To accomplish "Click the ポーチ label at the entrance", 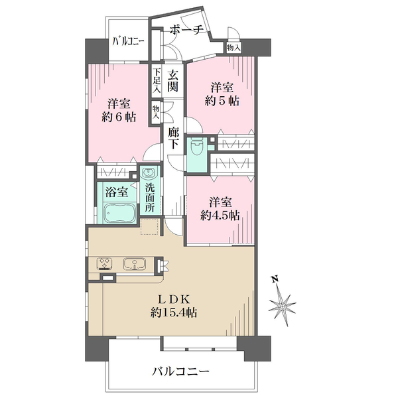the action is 186,31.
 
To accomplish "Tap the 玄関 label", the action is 172,81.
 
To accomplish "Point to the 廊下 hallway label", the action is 173,139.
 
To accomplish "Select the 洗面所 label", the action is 150,198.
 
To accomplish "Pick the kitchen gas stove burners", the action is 104,263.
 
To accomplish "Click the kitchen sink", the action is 134,264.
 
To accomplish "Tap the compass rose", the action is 283,306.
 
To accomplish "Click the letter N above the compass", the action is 275,279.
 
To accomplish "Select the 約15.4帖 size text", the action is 174,312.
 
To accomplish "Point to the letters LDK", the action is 174,300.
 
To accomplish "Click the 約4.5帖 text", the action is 220,216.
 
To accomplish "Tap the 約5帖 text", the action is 222,101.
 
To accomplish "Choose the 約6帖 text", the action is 119,117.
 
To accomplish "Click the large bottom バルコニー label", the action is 180,372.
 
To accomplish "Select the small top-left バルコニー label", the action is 129,41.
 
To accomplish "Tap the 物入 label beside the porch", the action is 233,48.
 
